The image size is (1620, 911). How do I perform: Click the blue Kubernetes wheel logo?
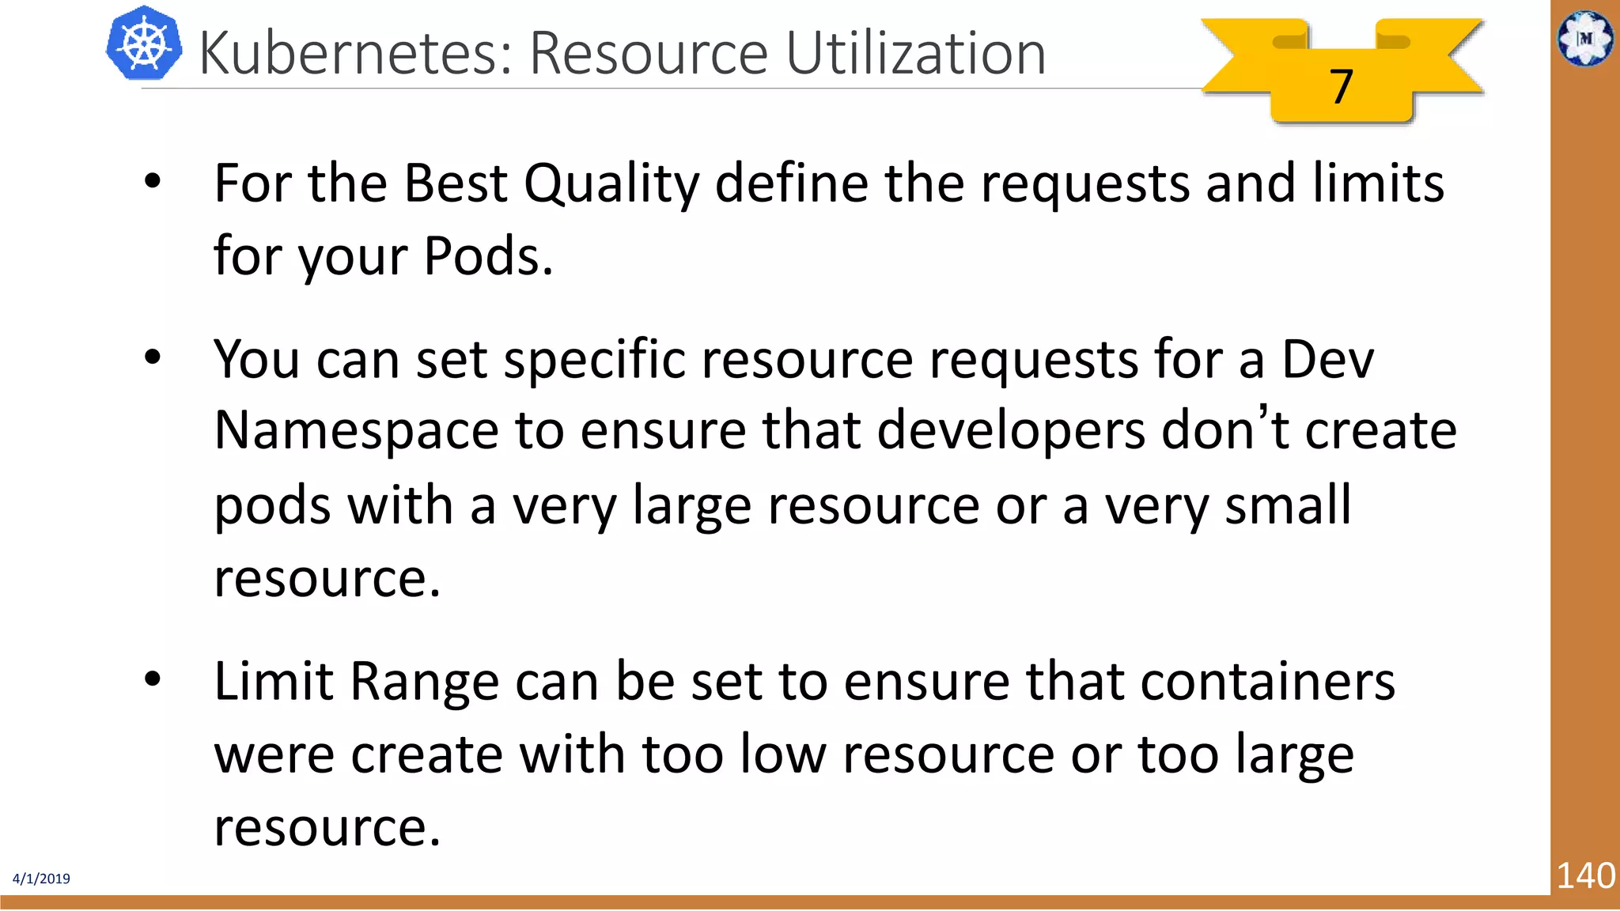[144, 44]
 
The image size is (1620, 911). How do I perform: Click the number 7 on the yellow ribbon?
[1341, 86]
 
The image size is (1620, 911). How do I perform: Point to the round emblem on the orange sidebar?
[1585, 38]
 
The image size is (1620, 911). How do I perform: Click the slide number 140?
[1585, 876]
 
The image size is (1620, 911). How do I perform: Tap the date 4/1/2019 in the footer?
[41, 879]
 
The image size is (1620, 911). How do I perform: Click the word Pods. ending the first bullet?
[488, 256]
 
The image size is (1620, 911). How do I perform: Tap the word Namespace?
[356, 432]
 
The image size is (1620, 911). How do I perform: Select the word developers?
[1011, 432]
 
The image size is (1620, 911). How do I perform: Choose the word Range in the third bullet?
[424, 682]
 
